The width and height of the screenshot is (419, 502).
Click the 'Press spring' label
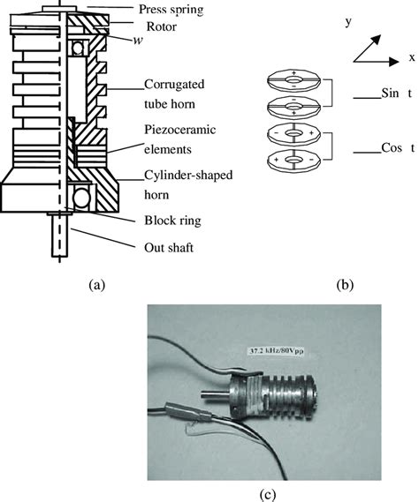pyautogui.click(x=171, y=10)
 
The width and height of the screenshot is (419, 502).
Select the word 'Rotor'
pyautogui.click(x=162, y=26)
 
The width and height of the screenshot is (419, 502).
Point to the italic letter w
pyautogui.click(x=138, y=41)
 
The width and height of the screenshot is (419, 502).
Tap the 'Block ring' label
pyautogui.click(x=172, y=221)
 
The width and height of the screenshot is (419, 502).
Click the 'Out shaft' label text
pyautogui.click(x=169, y=248)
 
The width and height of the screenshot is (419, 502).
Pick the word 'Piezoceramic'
pyautogui.click(x=180, y=130)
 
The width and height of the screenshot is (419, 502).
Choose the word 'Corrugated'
pyautogui.click(x=174, y=84)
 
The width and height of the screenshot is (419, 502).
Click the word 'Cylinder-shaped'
pyautogui.click(x=188, y=176)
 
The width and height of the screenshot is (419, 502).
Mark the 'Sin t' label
pyautogui.click(x=397, y=93)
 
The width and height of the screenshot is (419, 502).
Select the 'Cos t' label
pyautogui.click(x=398, y=148)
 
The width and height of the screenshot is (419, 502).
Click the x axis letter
pyautogui.click(x=412, y=57)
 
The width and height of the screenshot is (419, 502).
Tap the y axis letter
pyautogui.click(x=348, y=22)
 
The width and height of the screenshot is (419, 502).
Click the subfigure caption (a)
pyautogui.click(x=96, y=284)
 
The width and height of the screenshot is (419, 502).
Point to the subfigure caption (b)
pyautogui.click(x=345, y=285)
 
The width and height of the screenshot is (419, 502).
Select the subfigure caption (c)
pyautogui.click(x=267, y=495)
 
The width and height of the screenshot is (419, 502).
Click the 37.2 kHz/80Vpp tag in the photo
pyautogui.click(x=276, y=351)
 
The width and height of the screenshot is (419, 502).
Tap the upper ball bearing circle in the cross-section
pyautogui.click(x=77, y=49)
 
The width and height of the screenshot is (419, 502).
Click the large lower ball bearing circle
pyautogui.click(x=82, y=199)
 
